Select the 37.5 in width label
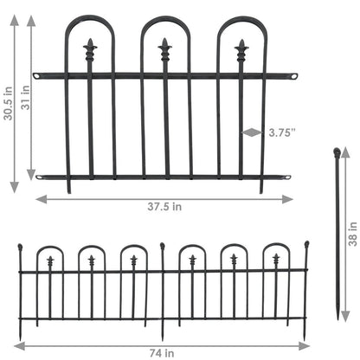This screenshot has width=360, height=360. pyautogui.click(x=164, y=207)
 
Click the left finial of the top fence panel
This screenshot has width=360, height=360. pyautogui.click(x=90, y=45)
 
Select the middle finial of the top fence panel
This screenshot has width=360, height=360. pyautogui.click(x=164, y=45)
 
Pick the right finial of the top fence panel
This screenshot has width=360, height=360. pyautogui.click(x=241, y=45)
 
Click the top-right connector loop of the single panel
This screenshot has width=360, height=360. pyautogui.click(x=294, y=76)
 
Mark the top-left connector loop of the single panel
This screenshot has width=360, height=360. pyautogui.click(x=35, y=76)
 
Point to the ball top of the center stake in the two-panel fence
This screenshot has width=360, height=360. pyautogui.click(x=162, y=248)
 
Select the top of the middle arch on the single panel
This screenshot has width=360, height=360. pyautogui.click(x=164, y=18)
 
